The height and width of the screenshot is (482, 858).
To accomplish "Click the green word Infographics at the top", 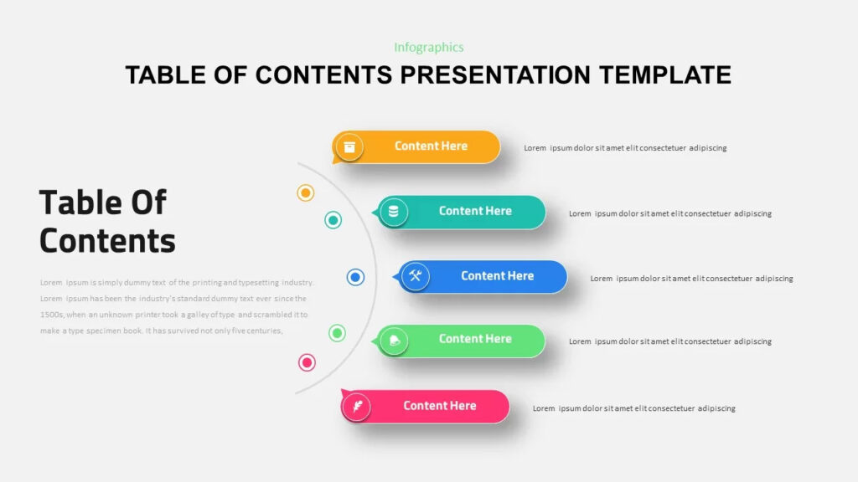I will [428, 48].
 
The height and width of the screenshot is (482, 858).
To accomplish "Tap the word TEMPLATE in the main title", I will [665, 74].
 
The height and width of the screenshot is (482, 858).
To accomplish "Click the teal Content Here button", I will [474, 212].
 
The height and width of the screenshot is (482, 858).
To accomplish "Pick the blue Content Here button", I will [496, 276].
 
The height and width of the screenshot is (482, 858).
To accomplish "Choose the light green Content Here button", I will [474, 340].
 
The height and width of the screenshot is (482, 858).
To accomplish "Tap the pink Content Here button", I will [439, 406].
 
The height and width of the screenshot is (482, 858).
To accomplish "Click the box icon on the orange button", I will [349, 147].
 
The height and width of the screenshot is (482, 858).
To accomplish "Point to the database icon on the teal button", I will [394, 213].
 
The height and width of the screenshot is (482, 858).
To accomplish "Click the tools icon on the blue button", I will [416, 277].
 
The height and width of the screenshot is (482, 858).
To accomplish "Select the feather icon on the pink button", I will [357, 407].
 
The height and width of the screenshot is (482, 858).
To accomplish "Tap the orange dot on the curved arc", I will [306, 193].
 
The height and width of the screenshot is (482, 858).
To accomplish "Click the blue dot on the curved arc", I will [355, 277].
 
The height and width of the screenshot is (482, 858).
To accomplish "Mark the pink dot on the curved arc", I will [308, 362].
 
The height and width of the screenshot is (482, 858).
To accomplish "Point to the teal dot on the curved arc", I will [333, 220].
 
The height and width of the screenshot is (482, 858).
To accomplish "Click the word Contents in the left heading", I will [107, 241].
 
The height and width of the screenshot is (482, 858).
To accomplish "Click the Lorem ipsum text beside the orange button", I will [625, 148].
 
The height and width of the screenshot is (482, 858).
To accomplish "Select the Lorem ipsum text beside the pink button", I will [633, 408].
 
